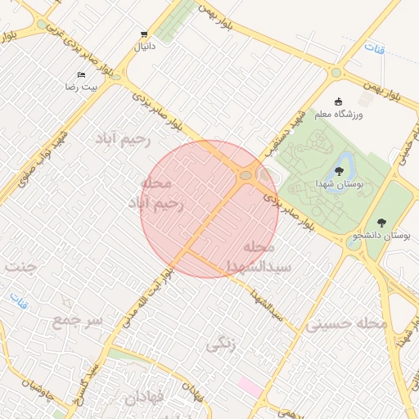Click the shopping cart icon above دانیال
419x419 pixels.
point(144,34)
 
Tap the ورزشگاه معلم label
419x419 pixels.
point(340,115)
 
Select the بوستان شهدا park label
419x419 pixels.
point(339,185)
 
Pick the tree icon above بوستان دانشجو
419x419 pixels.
point(381,222)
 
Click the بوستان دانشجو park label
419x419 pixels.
point(381,236)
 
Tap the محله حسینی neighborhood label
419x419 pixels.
point(346,324)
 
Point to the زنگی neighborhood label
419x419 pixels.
point(221,344)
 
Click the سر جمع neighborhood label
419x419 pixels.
point(79,320)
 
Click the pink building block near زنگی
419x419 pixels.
point(250,386)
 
